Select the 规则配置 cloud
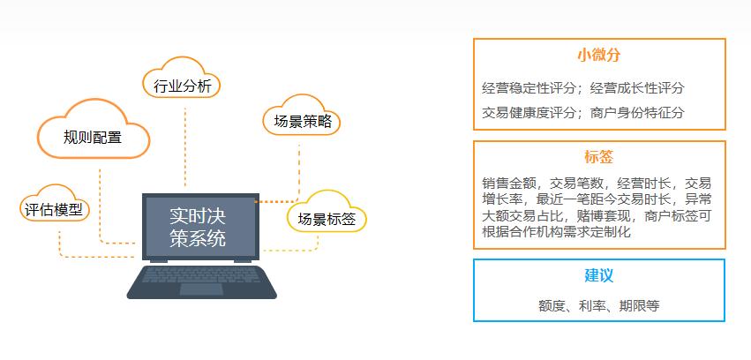(94, 137)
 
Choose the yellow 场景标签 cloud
(327, 219)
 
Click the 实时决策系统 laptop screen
(200, 226)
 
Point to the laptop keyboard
(201, 281)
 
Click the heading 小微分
(598, 55)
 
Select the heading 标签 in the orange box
(598, 157)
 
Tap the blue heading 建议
(598, 275)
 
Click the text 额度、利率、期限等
(598, 305)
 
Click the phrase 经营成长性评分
(637, 88)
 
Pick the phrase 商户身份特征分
(637, 112)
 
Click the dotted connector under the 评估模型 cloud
(60, 243)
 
